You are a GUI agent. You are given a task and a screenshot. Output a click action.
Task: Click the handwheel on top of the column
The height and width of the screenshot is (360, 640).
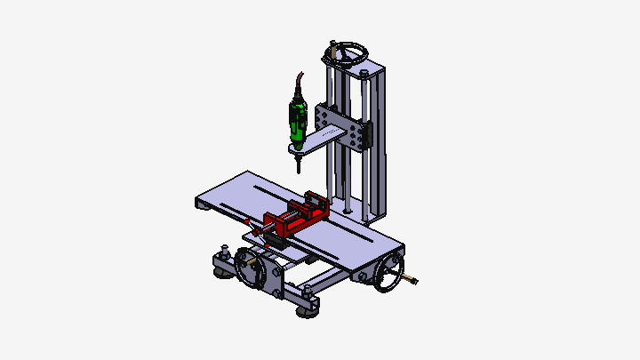click(348, 51)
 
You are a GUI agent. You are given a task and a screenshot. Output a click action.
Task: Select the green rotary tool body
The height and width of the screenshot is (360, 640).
click(298, 121)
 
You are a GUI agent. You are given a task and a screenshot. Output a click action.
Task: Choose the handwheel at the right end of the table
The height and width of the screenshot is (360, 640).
click(388, 275)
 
